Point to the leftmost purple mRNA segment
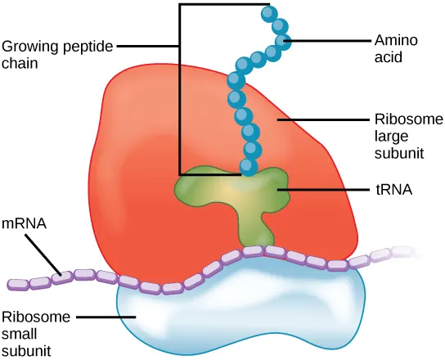click(x=18, y=284)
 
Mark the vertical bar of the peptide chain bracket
click(x=179, y=90)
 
